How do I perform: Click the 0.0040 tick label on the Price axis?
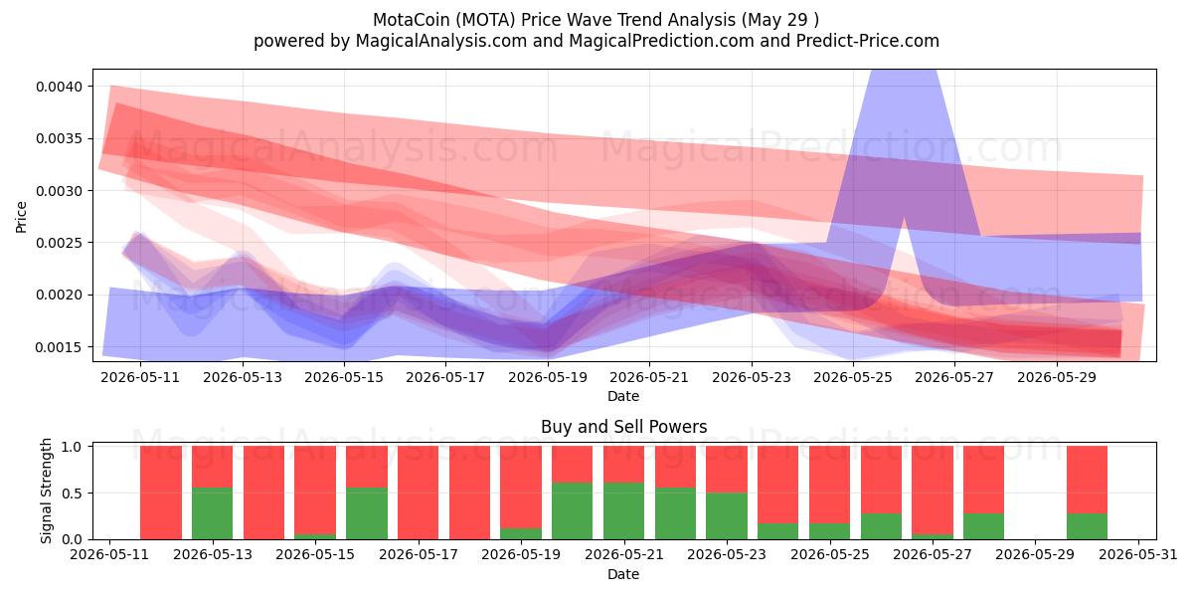59,87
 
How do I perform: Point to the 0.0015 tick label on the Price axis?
59,347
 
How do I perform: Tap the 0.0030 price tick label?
59,191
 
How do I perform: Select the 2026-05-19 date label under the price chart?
548,377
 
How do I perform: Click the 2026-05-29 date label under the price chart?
1057,377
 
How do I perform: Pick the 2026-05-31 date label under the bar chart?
1138,555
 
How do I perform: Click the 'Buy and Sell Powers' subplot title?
623,427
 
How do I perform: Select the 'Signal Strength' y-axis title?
47,491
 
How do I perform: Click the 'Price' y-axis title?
21,217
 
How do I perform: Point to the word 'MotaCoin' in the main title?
410,20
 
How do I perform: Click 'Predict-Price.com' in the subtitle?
868,41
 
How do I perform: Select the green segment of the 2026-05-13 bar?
212,513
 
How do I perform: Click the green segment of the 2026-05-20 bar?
572,511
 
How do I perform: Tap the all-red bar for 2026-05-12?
161,494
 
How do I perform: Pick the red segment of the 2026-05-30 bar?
1087,480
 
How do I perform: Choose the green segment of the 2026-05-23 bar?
727,516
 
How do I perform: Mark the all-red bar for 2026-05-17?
419,494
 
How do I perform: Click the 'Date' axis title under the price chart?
623,396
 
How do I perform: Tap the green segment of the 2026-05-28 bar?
983,526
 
